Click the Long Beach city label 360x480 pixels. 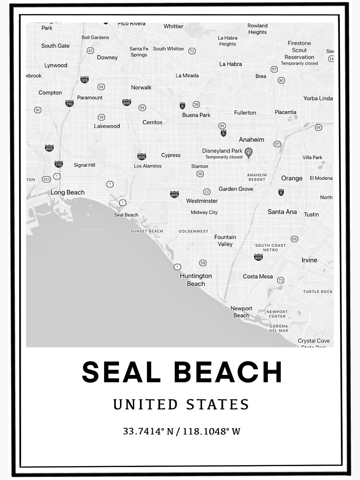pos(68,192)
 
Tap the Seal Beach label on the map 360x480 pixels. pos(126,215)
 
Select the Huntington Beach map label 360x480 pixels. pos(196,280)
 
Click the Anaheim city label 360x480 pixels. pos(252,140)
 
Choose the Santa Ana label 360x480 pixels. pos(282,212)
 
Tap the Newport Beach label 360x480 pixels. pos(241,312)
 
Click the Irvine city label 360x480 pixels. pos(309,260)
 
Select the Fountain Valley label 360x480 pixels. pos(225,240)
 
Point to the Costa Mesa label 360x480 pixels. pos(258,276)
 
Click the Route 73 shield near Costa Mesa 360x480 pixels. pos(281,280)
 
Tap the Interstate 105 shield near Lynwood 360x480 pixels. pos(84,80)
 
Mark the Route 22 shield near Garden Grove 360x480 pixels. pos(206,192)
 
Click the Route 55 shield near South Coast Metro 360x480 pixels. pos(294,239)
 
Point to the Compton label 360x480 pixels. pos(50,93)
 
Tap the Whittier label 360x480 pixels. pos(173,26)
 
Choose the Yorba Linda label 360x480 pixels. pos(318,98)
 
